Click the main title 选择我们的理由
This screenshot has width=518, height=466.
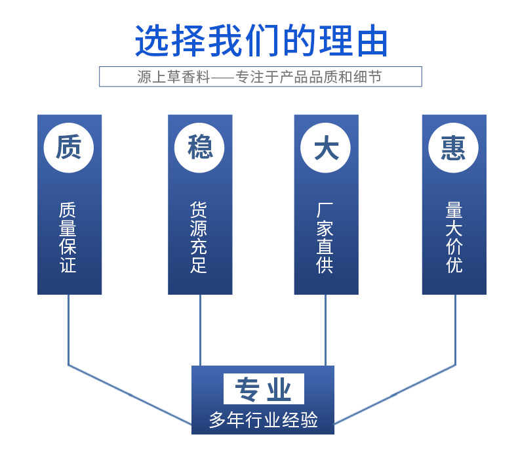[x=261, y=41]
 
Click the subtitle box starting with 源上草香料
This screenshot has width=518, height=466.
[x=260, y=77]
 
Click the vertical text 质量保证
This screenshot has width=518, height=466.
[x=69, y=238]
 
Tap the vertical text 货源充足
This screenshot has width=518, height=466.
[x=199, y=238]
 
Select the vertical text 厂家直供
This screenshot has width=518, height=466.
[x=326, y=238]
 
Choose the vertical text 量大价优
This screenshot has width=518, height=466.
[x=454, y=238]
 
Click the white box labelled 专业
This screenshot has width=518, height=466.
[x=263, y=389]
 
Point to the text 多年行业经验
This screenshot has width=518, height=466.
[x=263, y=419]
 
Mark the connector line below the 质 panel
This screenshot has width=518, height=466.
[x=69, y=328]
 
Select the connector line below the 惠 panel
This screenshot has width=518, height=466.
[x=454, y=328]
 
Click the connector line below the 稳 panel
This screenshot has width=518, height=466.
[x=200, y=328]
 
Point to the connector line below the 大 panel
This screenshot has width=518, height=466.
[x=326, y=328]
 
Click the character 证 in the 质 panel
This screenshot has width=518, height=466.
[x=69, y=265]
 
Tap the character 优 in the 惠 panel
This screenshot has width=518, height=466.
[x=454, y=265]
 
